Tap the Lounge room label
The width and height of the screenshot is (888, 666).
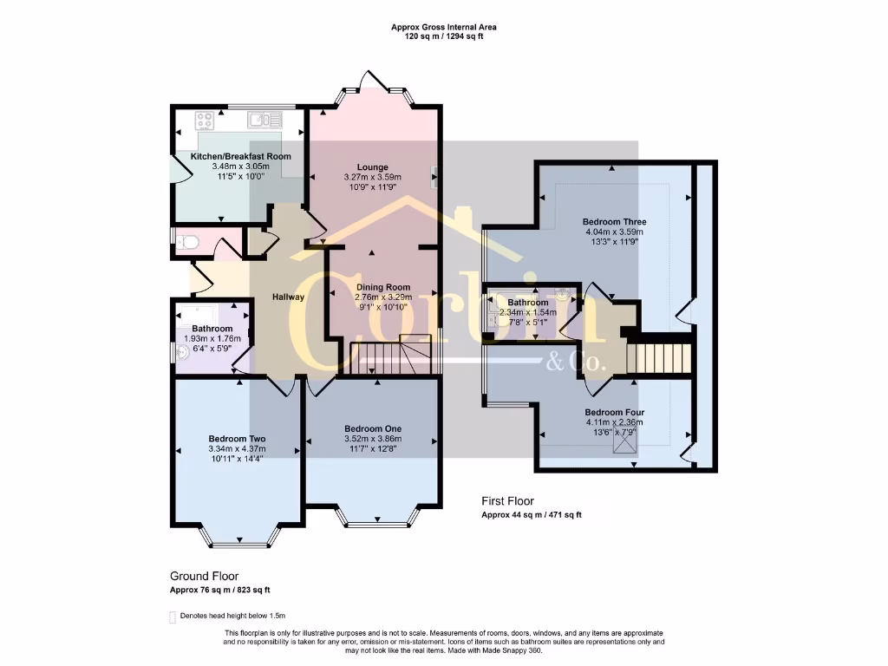pyautogui.click(x=373, y=166)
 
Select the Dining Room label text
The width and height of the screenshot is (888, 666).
pyautogui.click(x=382, y=287)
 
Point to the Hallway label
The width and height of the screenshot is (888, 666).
pyautogui.click(x=288, y=297)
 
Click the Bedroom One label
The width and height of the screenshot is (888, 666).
pyautogui.click(x=373, y=428)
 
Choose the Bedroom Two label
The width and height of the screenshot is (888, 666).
pyautogui.click(x=237, y=439)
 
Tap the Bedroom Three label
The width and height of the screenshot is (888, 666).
pyautogui.click(x=614, y=222)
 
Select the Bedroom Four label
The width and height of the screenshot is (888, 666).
pyautogui.click(x=614, y=412)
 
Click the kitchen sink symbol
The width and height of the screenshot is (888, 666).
pyautogui.click(x=259, y=119)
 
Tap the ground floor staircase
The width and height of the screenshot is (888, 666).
pyautogui.click(x=390, y=356)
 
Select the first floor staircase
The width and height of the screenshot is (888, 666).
pyautogui.click(x=659, y=356)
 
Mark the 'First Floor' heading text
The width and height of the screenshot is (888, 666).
pyautogui.click(x=508, y=501)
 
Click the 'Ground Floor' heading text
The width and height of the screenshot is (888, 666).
pyautogui.click(x=204, y=576)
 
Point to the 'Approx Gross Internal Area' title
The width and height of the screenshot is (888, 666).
pyautogui.click(x=444, y=28)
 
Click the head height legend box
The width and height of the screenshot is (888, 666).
pyautogui.click(x=173, y=617)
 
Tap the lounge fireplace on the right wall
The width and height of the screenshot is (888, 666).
pyautogui.click(x=434, y=177)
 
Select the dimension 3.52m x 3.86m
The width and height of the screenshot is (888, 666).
pyautogui.click(x=373, y=440)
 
